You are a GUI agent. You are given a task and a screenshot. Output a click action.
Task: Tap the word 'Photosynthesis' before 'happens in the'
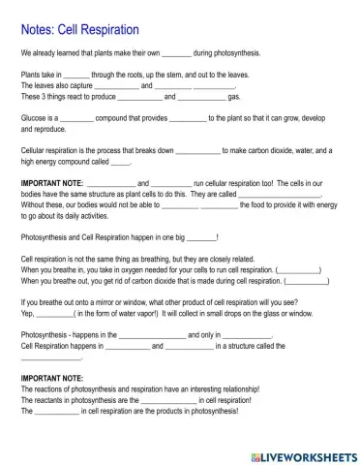point(44,334)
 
